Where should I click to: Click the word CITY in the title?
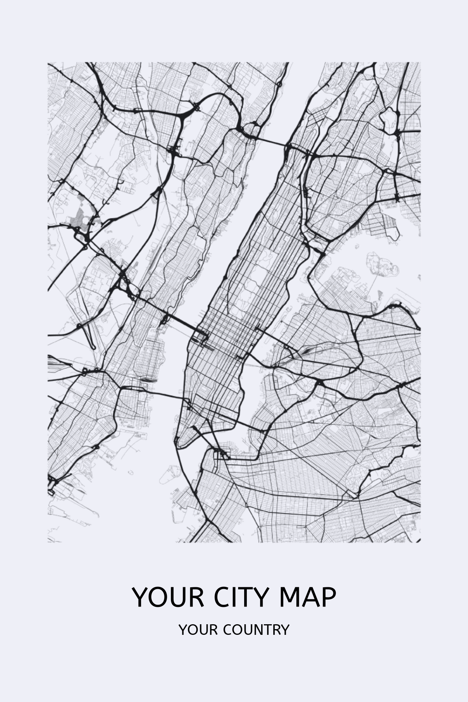pos(241,597)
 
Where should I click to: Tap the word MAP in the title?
pos(307,597)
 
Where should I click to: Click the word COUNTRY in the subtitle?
pos(256,630)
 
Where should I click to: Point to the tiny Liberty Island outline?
pos(131,472)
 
